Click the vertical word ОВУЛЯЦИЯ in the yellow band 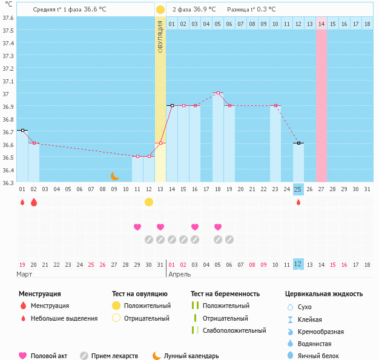[160, 36]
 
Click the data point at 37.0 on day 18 [218, 93]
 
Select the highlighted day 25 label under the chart [298, 189]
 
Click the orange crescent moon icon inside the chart [114, 176]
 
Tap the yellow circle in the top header [160, 10]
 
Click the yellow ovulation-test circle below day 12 [149, 202]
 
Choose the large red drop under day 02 [34, 202]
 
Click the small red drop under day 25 [298, 203]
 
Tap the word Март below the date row [24, 275]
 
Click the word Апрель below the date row [179, 275]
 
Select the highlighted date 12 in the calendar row [298, 264]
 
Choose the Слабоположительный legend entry [234, 331]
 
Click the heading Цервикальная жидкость [324, 294]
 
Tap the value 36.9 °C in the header [205, 10]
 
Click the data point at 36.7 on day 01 [22, 130]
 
